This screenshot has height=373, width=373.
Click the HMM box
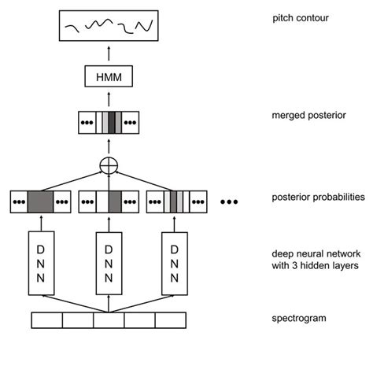(109, 77)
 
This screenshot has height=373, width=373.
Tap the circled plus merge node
(109, 166)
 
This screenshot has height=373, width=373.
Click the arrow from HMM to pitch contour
(109, 56)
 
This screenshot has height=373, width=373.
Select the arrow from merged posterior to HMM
(109, 99)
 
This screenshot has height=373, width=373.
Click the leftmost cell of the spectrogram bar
(46, 320)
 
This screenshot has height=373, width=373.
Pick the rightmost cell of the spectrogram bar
(170, 320)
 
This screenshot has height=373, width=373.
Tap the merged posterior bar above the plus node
(109, 122)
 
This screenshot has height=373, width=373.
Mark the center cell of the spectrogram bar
(109, 320)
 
